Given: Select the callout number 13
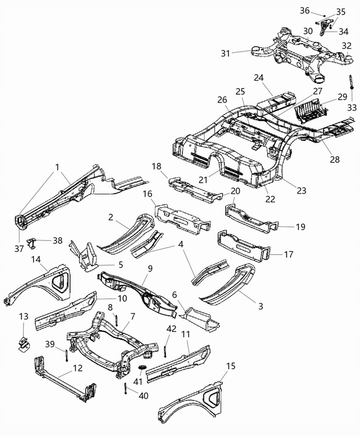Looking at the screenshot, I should pos(24,317).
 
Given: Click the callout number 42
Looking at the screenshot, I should pos(171,329).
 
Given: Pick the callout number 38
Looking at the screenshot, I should pos(58,240).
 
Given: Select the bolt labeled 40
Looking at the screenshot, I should pos(124,389).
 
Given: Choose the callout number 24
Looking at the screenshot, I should pos(258,78).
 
